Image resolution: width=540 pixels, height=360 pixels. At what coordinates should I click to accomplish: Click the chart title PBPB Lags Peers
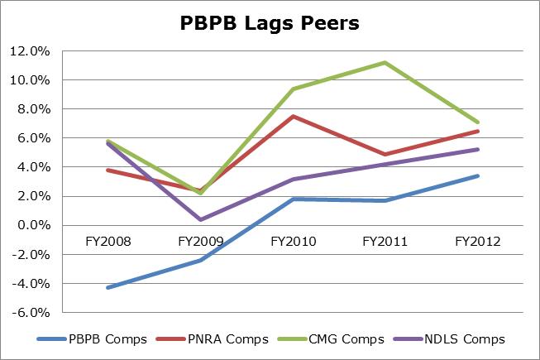pyautogui.click(x=270, y=24)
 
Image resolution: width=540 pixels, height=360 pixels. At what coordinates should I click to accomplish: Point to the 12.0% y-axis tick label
pyautogui.click(x=30, y=51)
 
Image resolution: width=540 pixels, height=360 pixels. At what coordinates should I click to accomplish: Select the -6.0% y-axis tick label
pyautogui.click(x=31, y=313)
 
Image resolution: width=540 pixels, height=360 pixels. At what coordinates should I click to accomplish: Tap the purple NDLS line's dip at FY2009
pyautogui.click(x=201, y=219)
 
